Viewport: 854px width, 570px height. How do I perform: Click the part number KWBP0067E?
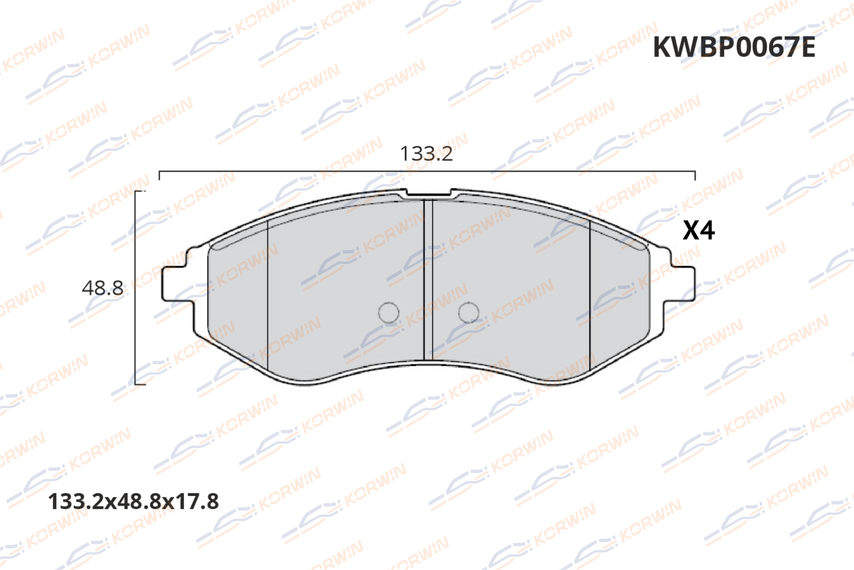click(x=734, y=47)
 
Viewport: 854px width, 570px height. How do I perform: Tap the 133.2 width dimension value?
click(x=426, y=153)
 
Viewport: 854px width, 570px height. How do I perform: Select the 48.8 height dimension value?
click(x=103, y=288)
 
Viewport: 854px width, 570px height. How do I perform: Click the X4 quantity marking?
click(x=699, y=231)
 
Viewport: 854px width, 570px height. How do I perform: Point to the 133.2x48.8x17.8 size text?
click(x=133, y=501)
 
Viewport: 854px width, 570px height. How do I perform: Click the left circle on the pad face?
click(x=388, y=313)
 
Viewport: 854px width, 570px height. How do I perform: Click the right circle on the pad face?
click(x=469, y=313)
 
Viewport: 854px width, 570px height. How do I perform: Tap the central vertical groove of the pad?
click(x=428, y=280)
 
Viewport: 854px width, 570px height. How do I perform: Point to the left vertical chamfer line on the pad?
click(x=268, y=292)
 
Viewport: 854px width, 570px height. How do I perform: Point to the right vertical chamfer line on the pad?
click(x=590, y=292)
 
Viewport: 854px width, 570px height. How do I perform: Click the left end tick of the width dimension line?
click(x=159, y=175)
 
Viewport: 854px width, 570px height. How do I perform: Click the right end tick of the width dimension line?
click(x=695, y=175)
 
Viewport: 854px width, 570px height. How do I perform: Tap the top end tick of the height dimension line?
click(x=140, y=192)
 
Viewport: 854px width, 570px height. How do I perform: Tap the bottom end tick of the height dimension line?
click(x=140, y=384)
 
